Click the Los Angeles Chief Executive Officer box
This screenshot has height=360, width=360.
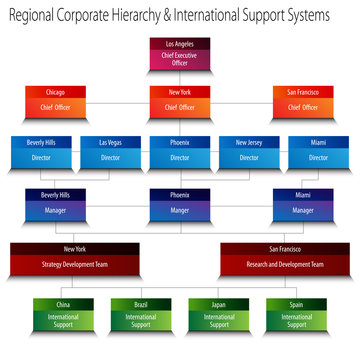pyautogui.click(x=180, y=56)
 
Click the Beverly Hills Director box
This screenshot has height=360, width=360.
pyautogui.click(x=41, y=151)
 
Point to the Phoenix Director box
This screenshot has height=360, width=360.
pyautogui.click(x=180, y=151)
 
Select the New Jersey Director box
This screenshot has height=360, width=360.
pyautogui.click(x=249, y=151)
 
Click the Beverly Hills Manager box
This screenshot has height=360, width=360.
pyautogui.click(x=55, y=203)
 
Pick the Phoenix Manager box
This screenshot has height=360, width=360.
pyautogui.click(x=179, y=203)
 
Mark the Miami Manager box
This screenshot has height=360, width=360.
pyautogui.click(x=303, y=203)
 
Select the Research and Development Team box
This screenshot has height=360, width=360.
pyautogui.click(x=284, y=256)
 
